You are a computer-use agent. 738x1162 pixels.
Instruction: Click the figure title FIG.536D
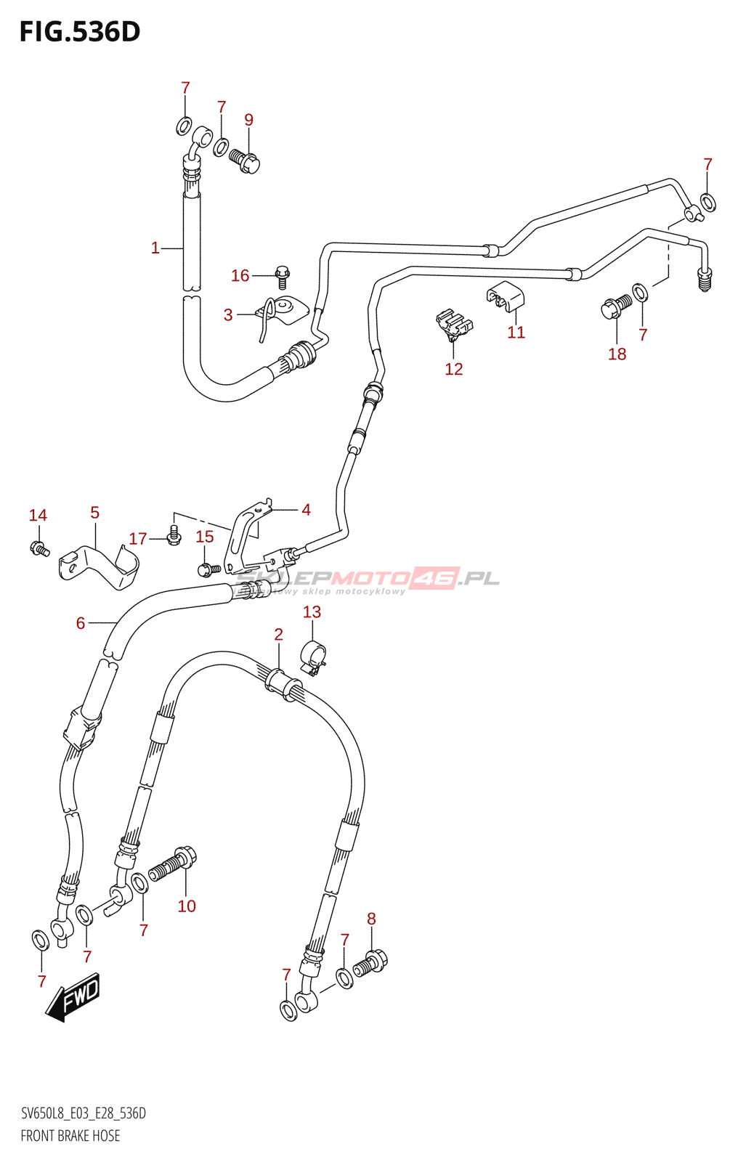point(79,32)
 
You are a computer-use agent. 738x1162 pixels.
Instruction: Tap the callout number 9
point(248,120)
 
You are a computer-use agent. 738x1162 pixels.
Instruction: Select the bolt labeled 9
point(245,161)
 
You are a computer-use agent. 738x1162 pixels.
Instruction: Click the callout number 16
point(240,276)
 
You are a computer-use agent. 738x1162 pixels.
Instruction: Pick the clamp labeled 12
point(454,325)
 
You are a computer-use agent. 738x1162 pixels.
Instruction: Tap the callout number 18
point(617,354)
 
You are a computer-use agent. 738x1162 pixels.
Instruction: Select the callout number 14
point(38,516)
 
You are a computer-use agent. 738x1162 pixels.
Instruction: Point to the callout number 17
point(138,539)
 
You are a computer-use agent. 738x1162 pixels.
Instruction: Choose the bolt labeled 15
point(208,569)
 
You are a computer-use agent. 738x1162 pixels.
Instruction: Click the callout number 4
point(306,510)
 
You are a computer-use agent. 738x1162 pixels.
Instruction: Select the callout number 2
point(278,635)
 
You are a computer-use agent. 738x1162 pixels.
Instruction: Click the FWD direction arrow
point(73,997)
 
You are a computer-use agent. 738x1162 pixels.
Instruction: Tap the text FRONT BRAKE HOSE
point(70,1136)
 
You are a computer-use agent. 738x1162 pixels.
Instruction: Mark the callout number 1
point(155,248)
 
